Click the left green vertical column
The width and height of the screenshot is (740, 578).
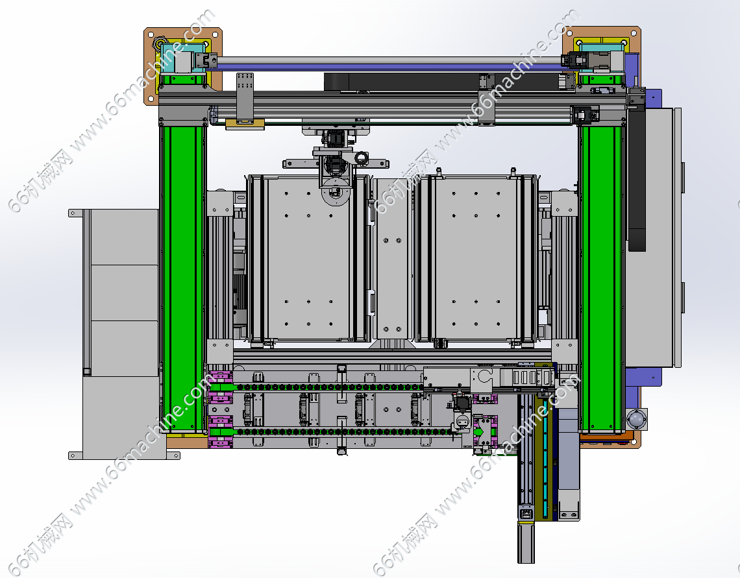tap(182, 278)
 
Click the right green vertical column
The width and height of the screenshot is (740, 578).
tap(601, 278)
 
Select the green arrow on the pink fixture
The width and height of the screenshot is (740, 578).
tap(479, 432)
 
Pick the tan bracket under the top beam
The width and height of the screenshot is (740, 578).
tap(245, 124)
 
